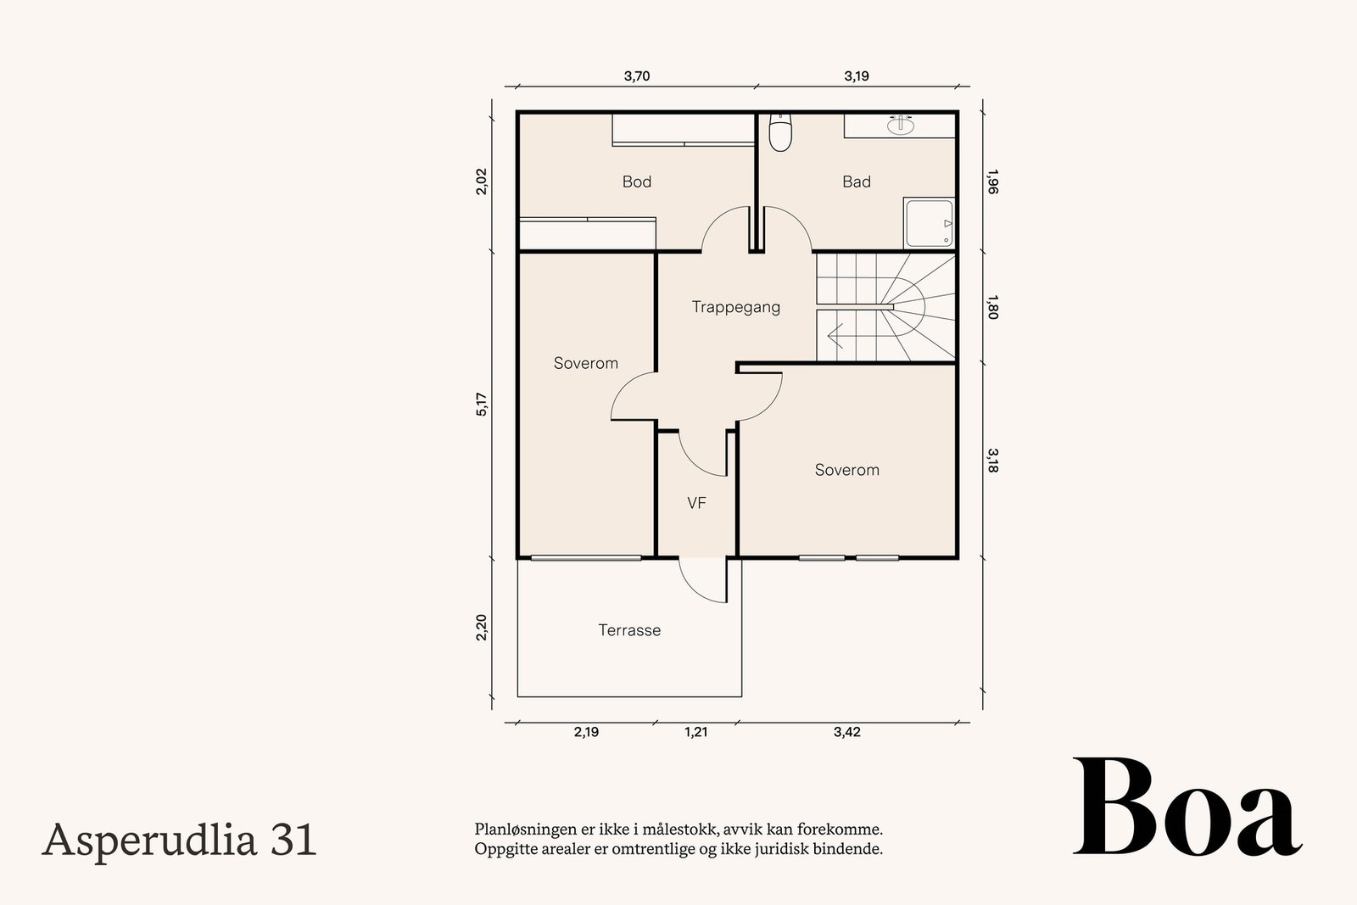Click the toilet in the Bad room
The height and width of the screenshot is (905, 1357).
[780, 132]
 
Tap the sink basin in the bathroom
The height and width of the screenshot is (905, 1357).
[902, 125]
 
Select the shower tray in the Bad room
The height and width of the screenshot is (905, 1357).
[930, 223]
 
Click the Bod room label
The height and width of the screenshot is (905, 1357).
[637, 182]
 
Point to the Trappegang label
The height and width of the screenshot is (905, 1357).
[736, 307]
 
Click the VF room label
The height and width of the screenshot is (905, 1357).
[696, 503]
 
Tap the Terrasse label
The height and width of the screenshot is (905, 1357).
[629, 630]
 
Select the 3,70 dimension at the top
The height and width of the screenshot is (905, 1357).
[637, 76]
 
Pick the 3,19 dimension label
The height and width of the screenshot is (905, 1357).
[857, 76]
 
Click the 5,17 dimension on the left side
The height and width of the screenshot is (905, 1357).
[482, 404]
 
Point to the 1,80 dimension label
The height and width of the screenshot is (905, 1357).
[992, 307]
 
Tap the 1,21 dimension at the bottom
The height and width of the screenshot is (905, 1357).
[696, 732]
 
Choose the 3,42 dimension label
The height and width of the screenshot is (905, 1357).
[847, 732]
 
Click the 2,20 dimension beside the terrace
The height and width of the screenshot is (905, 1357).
[482, 627]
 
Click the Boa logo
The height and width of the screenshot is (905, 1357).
[1187, 807]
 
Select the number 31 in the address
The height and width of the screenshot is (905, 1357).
[293, 841]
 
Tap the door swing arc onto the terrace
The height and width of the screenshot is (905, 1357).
[696, 586]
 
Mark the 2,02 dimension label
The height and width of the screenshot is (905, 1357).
[482, 182]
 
